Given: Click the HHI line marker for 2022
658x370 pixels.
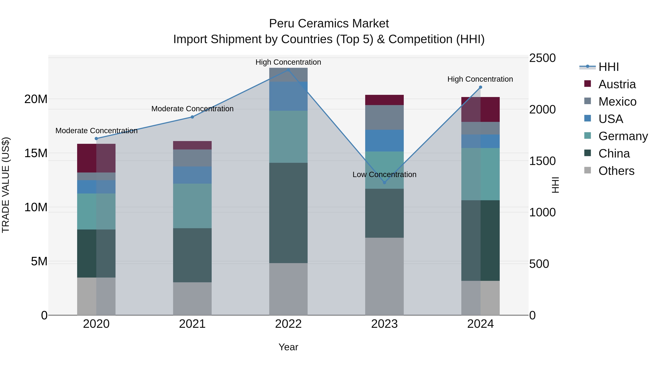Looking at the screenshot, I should (x=288, y=70).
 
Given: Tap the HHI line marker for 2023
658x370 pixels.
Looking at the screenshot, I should (x=384, y=183).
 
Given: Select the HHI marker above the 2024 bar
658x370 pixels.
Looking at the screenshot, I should (x=480, y=87).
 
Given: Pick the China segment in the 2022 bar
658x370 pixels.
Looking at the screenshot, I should (x=288, y=213).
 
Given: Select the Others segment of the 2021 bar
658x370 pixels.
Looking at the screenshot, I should (x=192, y=299).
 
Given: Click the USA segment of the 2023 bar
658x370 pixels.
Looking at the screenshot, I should (x=384, y=141).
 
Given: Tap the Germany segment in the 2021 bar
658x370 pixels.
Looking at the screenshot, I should (x=192, y=206).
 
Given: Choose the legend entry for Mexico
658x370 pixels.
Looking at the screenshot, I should (x=617, y=102).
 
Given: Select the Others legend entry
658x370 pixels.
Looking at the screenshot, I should (x=616, y=171).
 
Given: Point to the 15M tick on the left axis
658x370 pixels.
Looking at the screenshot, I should (x=36, y=153).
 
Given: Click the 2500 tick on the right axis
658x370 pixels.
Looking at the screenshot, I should (x=542, y=58).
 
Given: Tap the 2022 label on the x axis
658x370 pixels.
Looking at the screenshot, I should (x=288, y=324).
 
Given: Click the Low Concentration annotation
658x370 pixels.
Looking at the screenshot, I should (x=384, y=175).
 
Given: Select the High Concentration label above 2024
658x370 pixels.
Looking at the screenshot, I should (x=480, y=79).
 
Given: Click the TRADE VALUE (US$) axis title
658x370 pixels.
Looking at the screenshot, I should (x=6, y=185).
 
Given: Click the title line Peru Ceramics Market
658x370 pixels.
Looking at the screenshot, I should (x=329, y=24).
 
